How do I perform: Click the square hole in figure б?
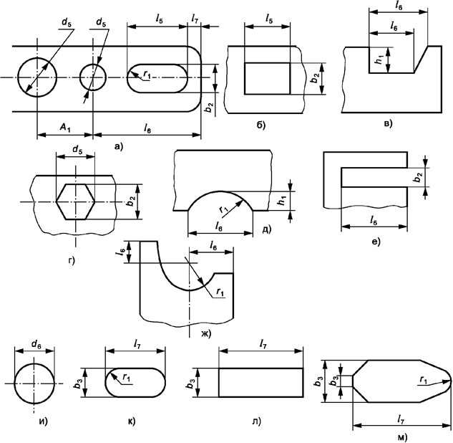(267, 78)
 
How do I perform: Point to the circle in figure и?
(33, 384)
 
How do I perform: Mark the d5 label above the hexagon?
(74, 152)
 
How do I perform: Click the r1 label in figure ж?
(220, 292)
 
